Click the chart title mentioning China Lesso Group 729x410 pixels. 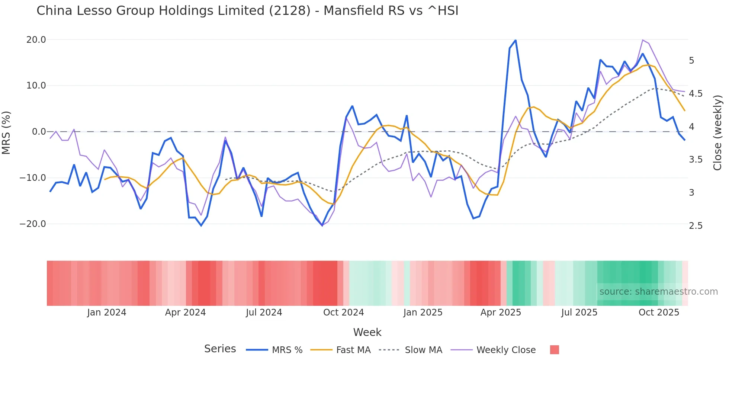[x=247, y=11]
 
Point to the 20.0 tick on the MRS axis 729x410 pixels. [x=36, y=40]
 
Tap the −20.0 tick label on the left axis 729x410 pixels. [x=33, y=224]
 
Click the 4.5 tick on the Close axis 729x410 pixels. [x=696, y=94]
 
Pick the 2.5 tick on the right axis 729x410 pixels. [x=696, y=226]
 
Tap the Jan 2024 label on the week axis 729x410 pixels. [x=107, y=313]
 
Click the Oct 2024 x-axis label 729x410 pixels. [x=343, y=313]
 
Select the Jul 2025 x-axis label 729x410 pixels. [x=579, y=313]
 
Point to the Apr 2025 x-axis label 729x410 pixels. [x=501, y=313]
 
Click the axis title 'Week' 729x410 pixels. [x=367, y=332]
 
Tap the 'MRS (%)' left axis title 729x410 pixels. [x=6, y=132]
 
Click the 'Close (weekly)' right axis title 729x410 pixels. [x=717, y=132]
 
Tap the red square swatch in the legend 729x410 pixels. [x=554, y=350]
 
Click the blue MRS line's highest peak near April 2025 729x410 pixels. [x=515, y=40]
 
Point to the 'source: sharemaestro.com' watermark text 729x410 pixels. [x=658, y=292]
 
